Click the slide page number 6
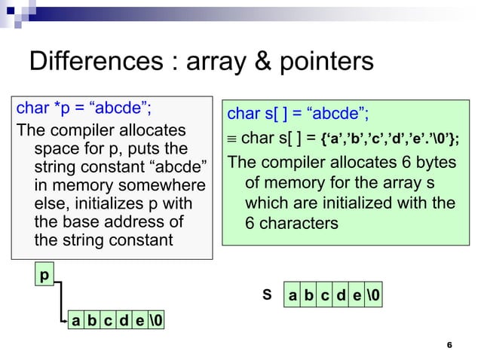point(449,344)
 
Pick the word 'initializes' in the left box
point(110,203)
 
